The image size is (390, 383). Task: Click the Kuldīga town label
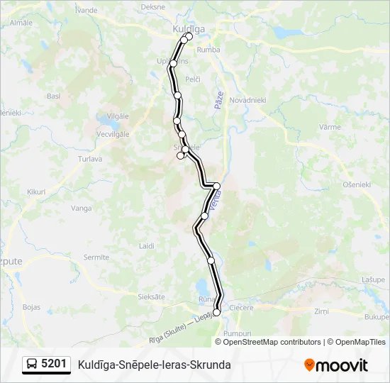pyautogui.click(x=189, y=28)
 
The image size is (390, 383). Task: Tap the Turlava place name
pyautogui.click(x=90, y=159)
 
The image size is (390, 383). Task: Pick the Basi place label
pyautogui.click(x=53, y=96)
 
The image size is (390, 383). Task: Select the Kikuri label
pyautogui.click(x=36, y=191)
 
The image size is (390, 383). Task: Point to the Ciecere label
pyautogui.click(x=241, y=308)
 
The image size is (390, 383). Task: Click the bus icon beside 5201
pyautogui.click(x=32, y=365)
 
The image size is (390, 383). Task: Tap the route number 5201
pyautogui.click(x=55, y=365)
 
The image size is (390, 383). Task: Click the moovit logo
pyautogui.click(x=336, y=365)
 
